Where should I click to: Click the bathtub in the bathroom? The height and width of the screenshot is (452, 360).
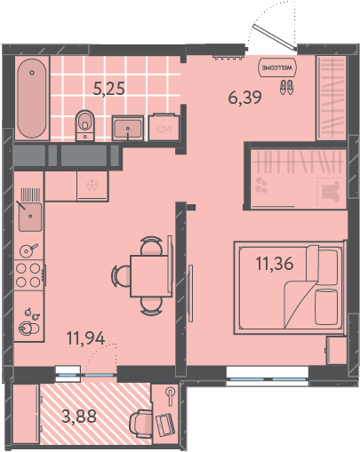point(32,98)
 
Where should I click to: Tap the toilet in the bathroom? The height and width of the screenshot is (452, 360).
point(85,125)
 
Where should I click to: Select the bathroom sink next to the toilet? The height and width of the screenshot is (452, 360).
point(128,128)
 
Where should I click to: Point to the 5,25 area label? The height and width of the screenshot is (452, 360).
point(108,88)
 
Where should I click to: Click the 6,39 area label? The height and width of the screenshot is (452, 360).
point(244,98)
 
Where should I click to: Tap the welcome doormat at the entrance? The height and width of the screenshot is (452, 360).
point(277,67)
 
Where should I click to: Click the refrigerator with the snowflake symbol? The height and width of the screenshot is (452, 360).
point(92,186)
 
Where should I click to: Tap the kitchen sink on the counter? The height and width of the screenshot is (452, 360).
point(30,217)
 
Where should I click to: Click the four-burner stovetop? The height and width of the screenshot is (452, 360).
point(28,275)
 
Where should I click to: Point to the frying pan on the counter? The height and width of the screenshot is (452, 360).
point(28,250)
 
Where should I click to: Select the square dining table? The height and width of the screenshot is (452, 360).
point(151,275)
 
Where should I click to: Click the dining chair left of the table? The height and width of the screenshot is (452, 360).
point(121,276)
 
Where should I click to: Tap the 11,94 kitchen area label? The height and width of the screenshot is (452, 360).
point(86,338)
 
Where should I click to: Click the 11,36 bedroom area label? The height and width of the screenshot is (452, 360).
point(275,264)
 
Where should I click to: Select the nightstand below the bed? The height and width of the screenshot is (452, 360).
point(336,350)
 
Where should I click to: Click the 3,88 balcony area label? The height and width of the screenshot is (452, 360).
point(79,416)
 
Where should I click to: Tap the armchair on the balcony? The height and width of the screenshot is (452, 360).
point(140,422)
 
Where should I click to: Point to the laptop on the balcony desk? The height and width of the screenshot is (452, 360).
point(165,425)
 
